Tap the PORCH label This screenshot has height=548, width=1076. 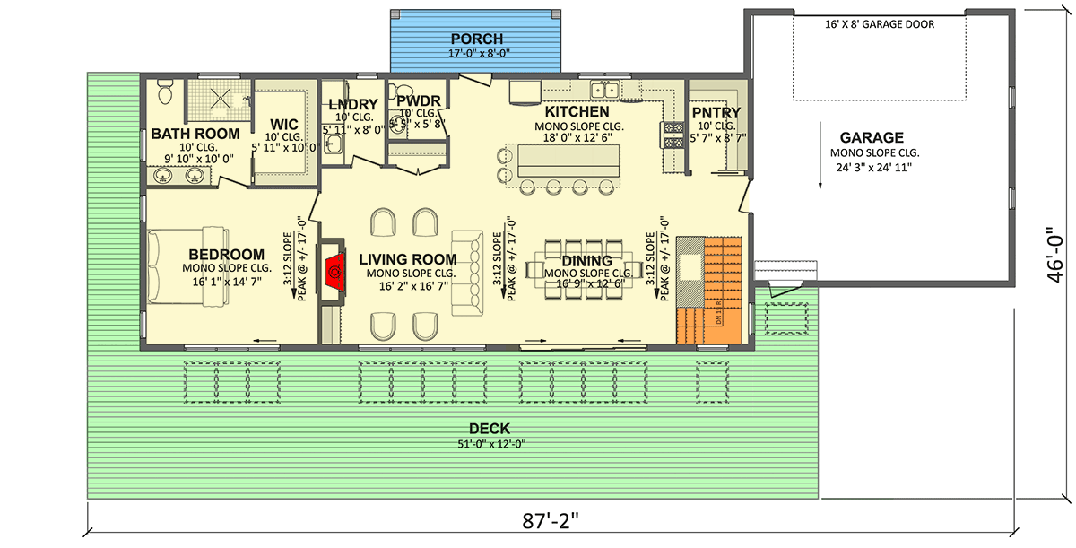click(476, 39)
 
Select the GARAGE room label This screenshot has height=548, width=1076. click(871, 138)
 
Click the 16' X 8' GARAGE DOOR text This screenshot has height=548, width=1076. click(879, 24)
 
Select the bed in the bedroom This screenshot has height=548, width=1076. click(170, 266)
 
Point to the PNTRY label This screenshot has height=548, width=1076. click(716, 112)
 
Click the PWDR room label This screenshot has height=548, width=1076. click(416, 101)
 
